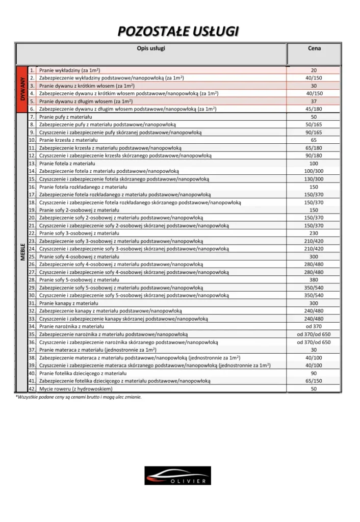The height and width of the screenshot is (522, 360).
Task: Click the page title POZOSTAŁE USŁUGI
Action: [x=178, y=32]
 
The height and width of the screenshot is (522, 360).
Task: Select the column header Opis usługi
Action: [x=151, y=48]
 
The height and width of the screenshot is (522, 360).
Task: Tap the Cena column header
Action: [x=314, y=48]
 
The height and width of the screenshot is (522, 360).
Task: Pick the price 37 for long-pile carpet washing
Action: [x=314, y=101]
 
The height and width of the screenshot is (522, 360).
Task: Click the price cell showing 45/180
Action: [x=314, y=109]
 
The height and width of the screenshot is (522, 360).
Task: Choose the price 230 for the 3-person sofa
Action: [x=314, y=233]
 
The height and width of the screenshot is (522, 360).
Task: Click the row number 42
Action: [x=32, y=388]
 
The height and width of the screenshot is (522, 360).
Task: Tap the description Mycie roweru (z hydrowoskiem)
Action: [x=75, y=388]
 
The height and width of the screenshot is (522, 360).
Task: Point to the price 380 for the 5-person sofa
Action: [x=314, y=280]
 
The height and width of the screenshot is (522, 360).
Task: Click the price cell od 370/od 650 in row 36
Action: [x=314, y=342]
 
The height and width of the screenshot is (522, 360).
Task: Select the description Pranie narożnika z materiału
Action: [x=72, y=326]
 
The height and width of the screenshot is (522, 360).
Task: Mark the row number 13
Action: [x=32, y=163]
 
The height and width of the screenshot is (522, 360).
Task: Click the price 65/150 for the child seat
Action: [x=314, y=381]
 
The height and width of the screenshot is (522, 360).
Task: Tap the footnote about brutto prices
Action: [x=78, y=397]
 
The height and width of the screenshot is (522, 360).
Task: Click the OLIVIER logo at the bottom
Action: [x=177, y=475]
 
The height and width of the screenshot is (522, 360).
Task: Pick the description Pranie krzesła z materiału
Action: [x=68, y=140]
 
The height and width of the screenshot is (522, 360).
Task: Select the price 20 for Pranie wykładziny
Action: [x=314, y=70]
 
